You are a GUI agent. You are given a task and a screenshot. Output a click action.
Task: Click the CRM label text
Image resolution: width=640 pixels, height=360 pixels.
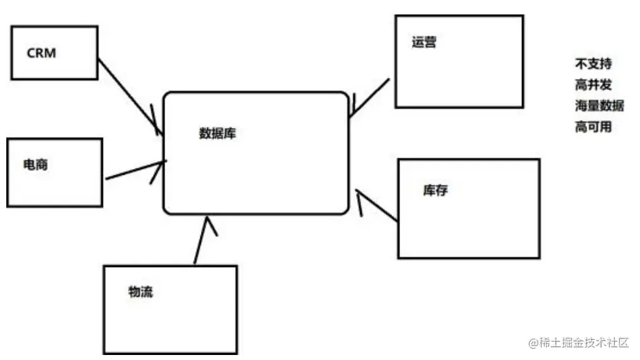(41, 53)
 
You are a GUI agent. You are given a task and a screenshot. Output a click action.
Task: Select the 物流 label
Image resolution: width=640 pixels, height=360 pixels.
(140, 292)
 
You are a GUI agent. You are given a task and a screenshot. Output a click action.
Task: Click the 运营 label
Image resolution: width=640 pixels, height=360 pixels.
(425, 43)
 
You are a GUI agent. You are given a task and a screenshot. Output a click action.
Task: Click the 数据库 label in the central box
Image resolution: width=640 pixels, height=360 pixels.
(217, 133)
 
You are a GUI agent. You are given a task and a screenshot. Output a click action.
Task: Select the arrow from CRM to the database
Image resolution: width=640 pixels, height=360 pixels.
(129, 95)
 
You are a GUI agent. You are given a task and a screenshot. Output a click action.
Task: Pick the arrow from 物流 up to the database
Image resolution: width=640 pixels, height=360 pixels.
(201, 242)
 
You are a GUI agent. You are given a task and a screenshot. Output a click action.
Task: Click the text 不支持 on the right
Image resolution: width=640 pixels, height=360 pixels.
(593, 63)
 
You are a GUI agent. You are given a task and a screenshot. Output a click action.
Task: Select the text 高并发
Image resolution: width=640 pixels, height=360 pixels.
(593, 84)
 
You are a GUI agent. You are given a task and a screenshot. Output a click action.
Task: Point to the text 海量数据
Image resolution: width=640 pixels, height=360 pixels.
(599, 105)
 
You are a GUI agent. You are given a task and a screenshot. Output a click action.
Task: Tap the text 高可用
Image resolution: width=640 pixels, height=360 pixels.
(593, 126)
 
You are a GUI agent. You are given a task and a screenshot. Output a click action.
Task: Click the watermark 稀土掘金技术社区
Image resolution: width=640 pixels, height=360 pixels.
(584, 343)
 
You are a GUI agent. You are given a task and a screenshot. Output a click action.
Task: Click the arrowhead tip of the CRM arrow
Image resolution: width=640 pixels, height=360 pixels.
(161, 133)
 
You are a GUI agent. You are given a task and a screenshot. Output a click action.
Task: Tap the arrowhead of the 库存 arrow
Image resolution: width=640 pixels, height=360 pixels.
(357, 191)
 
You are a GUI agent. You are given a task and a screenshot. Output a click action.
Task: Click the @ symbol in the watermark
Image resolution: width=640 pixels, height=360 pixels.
(534, 343)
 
